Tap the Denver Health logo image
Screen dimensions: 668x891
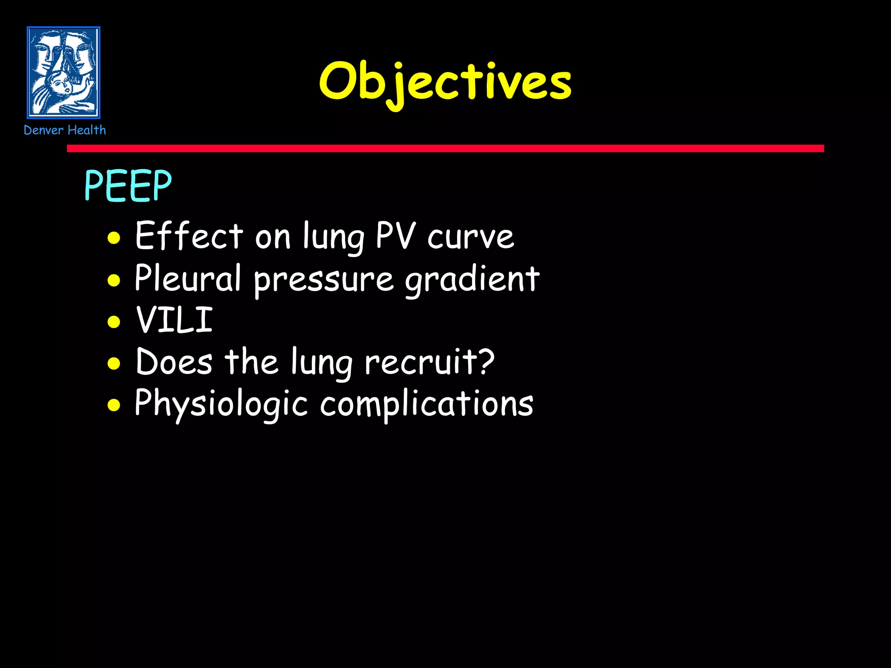pyautogui.click(x=64, y=73)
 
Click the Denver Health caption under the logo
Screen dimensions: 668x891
pyautogui.click(x=65, y=130)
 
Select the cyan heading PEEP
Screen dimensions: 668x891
pyautogui.click(x=128, y=186)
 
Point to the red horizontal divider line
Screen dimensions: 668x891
pyautogui.click(x=445, y=148)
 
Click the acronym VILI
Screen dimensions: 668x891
pyautogui.click(x=174, y=320)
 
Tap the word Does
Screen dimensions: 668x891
pyautogui.click(x=174, y=361)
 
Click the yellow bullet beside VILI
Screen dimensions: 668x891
pyautogui.click(x=114, y=322)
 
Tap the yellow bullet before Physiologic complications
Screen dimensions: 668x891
pyautogui.click(x=114, y=405)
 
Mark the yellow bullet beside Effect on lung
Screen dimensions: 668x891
pyautogui.click(x=114, y=238)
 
